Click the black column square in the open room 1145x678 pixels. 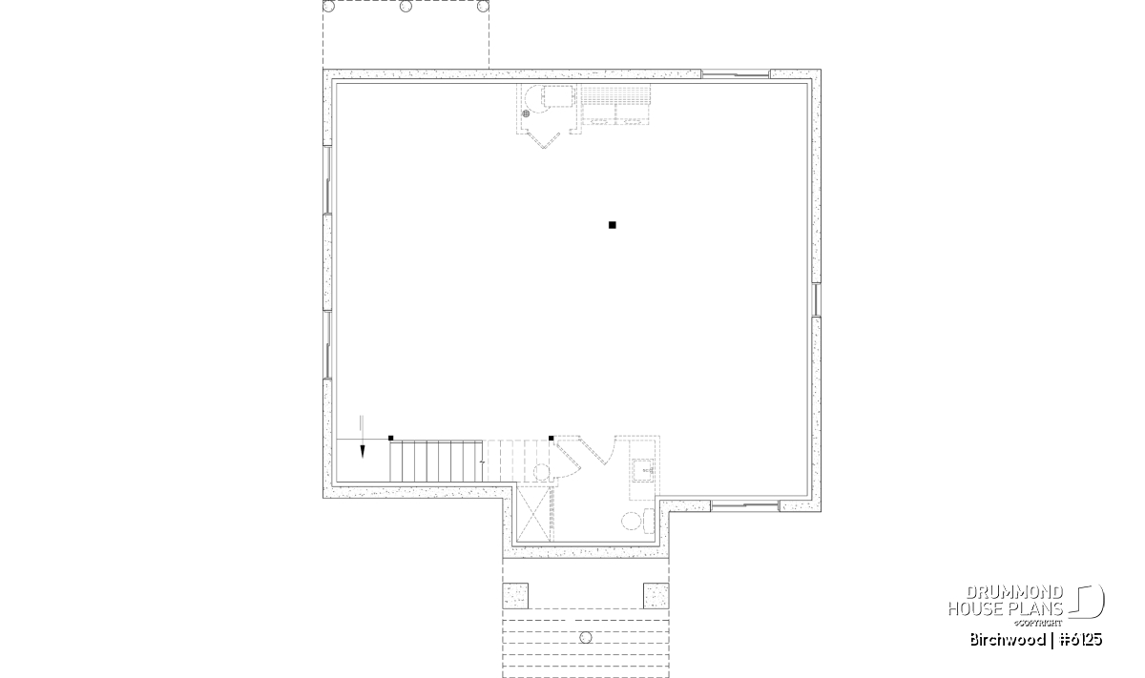point(613,225)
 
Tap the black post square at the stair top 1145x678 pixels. point(391,438)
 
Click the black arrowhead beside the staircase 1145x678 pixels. point(363,452)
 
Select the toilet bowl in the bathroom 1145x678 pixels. point(632,522)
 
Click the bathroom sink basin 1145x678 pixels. point(643,470)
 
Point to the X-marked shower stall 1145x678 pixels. point(534,514)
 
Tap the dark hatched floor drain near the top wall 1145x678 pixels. point(526,113)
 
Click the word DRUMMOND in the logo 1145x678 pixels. point(1014,592)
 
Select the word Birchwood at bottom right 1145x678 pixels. point(1008,640)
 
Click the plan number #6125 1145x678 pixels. point(1080,640)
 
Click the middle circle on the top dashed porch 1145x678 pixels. point(406,6)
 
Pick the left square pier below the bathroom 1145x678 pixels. point(515,596)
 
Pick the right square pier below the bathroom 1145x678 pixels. point(656,596)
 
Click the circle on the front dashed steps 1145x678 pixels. point(586,638)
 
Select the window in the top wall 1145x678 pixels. point(736,74)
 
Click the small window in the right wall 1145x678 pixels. point(817,300)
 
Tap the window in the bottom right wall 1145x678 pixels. point(745,506)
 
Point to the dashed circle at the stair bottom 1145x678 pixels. point(542,472)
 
